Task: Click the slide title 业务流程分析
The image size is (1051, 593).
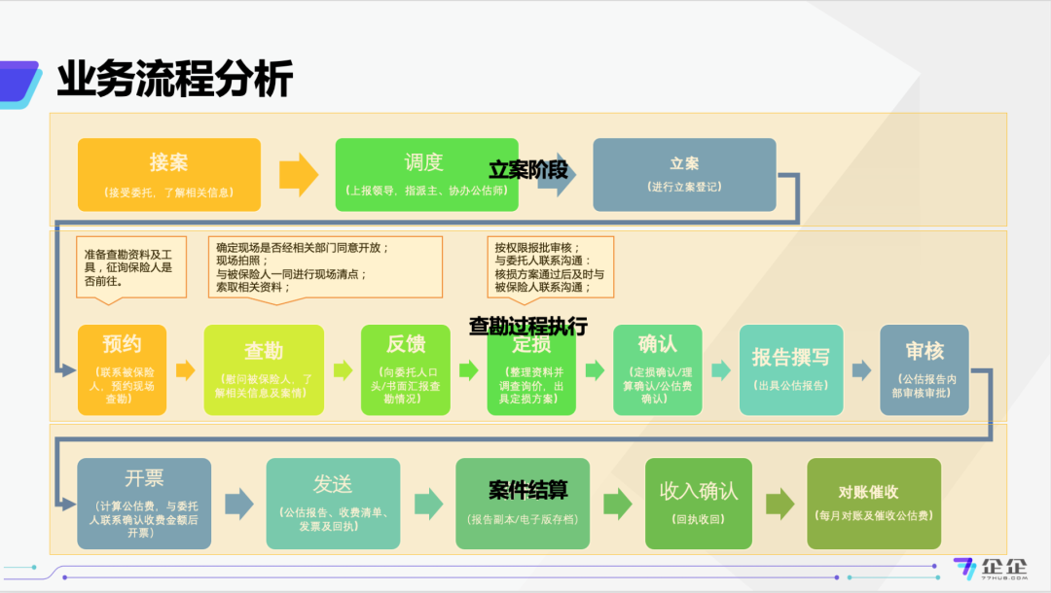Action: point(174,79)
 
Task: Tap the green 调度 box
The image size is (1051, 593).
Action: point(425,175)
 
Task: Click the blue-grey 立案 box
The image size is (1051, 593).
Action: point(684,175)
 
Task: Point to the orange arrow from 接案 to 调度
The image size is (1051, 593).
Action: point(299,175)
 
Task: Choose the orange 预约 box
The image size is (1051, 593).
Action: point(123,369)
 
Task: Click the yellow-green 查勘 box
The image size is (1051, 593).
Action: point(264,369)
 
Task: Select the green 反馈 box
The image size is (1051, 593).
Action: point(406,369)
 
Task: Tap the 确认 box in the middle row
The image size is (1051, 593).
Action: point(657,369)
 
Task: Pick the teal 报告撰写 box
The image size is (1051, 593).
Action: point(791,369)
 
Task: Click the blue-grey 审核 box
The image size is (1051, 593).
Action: point(924,369)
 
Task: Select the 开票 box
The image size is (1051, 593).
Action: point(144,504)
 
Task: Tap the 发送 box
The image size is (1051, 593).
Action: point(333,504)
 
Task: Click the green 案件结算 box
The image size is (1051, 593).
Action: point(523,504)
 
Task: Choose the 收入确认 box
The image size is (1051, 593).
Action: point(698,504)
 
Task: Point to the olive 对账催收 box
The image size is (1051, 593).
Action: point(874,504)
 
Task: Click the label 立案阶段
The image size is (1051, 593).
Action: point(527,169)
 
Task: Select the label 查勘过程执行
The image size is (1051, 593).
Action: point(528,327)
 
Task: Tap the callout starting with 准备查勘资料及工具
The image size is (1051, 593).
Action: point(131,265)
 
